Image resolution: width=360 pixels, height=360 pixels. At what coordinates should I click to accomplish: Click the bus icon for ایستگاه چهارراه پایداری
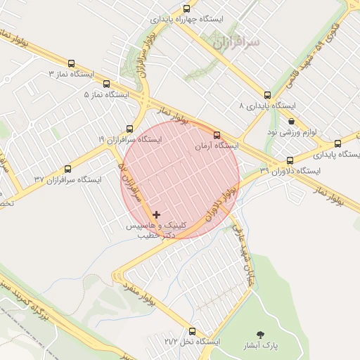(x=186, y=9)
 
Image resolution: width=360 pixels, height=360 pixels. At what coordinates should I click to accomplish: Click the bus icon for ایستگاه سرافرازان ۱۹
(x=129, y=129)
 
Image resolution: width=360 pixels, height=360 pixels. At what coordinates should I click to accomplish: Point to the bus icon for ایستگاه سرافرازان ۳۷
(x=67, y=169)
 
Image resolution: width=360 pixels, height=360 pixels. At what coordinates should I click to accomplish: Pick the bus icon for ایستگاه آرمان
(x=217, y=134)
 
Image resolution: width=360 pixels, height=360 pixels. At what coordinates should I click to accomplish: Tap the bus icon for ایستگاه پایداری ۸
(x=267, y=94)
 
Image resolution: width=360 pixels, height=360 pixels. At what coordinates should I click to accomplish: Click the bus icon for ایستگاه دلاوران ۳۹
(x=290, y=160)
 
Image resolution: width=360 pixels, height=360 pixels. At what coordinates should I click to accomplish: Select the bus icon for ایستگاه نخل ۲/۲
(x=193, y=330)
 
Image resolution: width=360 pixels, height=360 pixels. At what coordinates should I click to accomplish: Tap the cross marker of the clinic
(x=156, y=214)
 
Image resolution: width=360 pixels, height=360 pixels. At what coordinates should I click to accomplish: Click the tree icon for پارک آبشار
(x=262, y=335)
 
